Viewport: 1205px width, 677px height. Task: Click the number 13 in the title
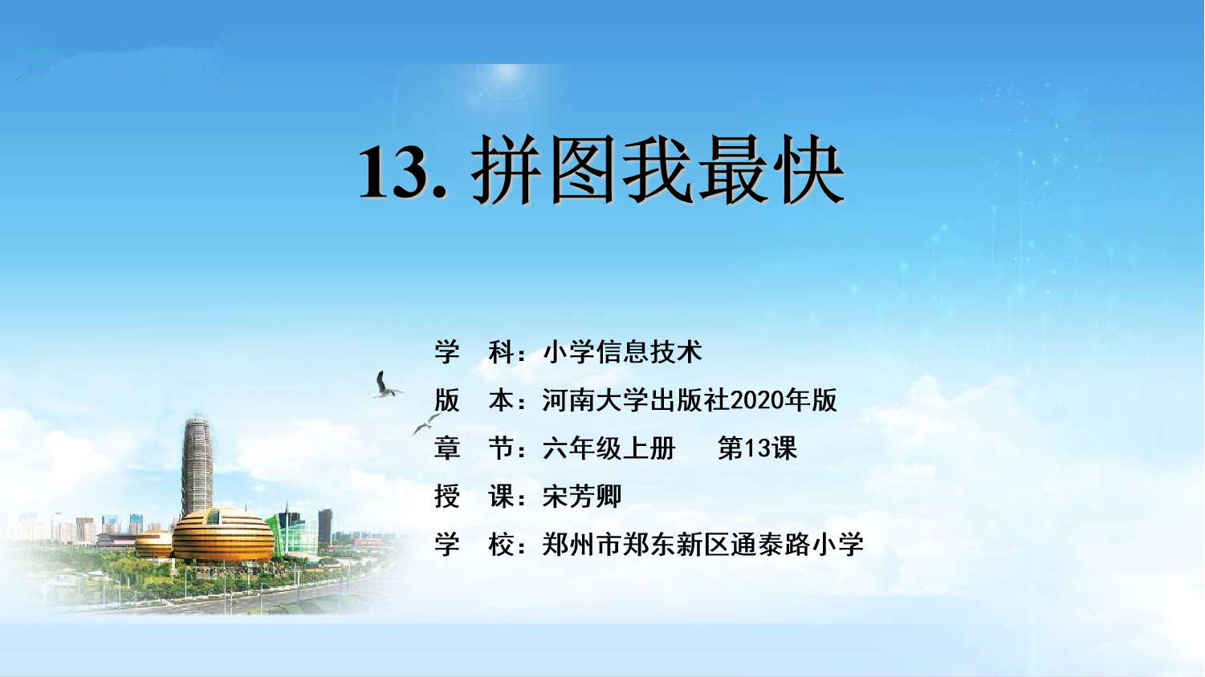[x=395, y=172]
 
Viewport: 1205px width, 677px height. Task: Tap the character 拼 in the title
[x=507, y=170]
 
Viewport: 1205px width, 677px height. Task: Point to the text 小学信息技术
[x=622, y=352]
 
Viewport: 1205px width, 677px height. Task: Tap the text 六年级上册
[x=609, y=448]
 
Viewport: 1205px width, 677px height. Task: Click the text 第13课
[x=757, y=448]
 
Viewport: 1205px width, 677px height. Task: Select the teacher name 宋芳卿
[x=582, y=497]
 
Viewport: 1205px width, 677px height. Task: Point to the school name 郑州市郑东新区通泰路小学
[x=702, y=545]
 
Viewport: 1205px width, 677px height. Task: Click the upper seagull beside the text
[x=386, y=385]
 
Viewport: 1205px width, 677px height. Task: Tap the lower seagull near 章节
[x=426, y=424]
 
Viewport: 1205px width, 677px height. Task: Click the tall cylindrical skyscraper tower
[x=197, y=465]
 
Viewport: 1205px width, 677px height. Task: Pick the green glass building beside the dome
[x=293, y=532]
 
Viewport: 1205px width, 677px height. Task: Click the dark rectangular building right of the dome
[x=325, y=526]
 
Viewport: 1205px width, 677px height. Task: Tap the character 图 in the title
[x=583, y=170]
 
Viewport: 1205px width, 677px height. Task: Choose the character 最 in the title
[x=734, y=170]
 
